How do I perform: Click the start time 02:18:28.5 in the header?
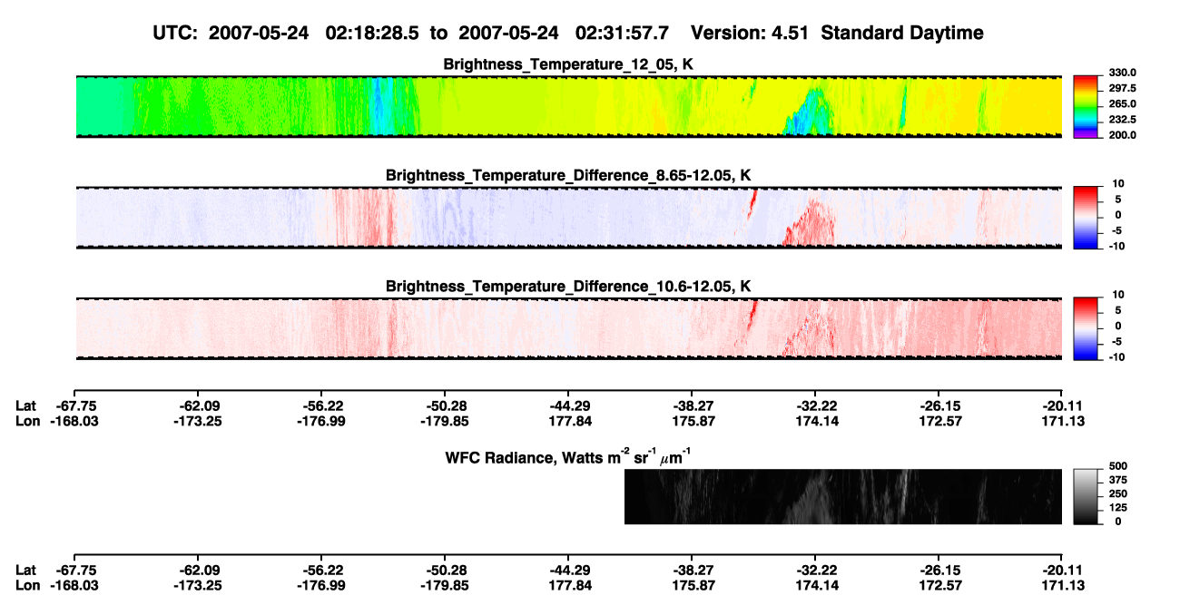[372, 34]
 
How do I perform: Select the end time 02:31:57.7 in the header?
[622, 34]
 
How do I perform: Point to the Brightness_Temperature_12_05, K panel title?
[568, 64]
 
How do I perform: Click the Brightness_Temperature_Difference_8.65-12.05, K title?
[568, 175]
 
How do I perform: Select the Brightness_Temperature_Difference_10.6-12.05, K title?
[568, 287]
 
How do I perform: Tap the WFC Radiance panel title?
[568, 457]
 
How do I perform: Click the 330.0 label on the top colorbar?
[1123, 73]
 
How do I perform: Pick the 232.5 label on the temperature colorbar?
[1123, 120]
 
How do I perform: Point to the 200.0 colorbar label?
[1123, 135]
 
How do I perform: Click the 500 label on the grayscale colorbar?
[1118, 466]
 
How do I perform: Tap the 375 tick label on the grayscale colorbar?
[1118, 480]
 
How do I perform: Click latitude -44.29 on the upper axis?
[570, 406]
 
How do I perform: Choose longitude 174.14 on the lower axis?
[817, 586]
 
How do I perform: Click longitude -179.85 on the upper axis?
[445, 421]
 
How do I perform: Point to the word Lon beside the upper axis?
[28, 421]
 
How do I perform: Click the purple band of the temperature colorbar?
[1086, 136]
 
